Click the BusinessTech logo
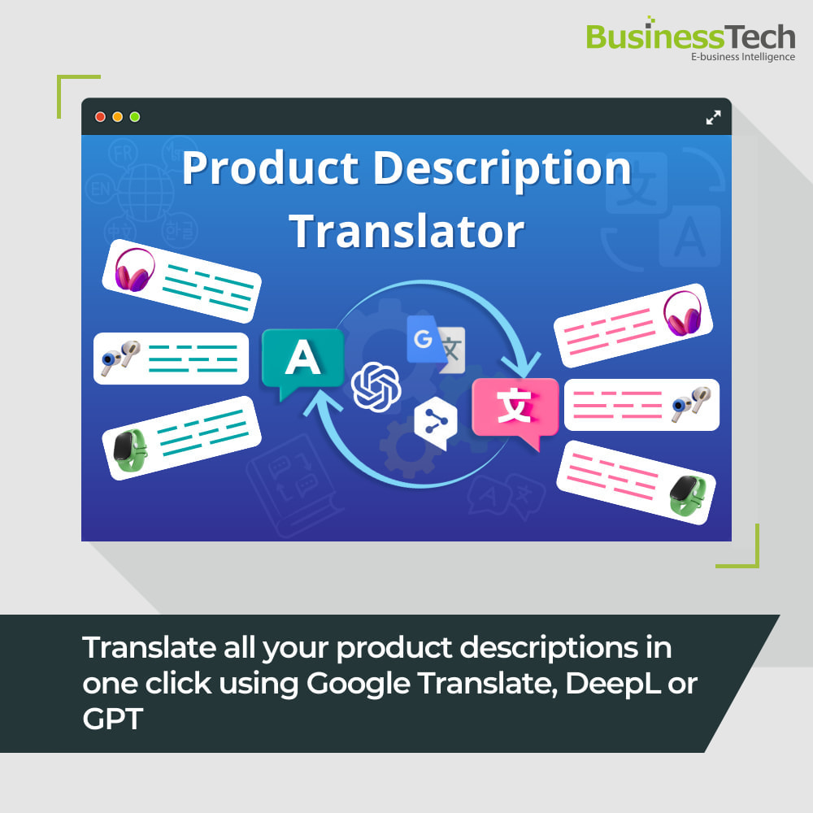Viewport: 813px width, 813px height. click(689, 37)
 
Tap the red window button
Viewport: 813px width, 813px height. click(101, 117)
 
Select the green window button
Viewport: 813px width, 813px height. click(135, 117)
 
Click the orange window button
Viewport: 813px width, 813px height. click(118, 117)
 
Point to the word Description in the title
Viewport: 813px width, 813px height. click(502, 169)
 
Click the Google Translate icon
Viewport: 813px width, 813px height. click(436, 344)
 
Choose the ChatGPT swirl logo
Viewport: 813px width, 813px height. click(376, 387)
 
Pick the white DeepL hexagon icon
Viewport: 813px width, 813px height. click(435, 420)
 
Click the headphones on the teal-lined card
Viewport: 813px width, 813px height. click(134, 269)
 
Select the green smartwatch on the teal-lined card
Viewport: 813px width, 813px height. click(129, 448)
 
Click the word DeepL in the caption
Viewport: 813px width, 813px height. click(616, 684)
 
